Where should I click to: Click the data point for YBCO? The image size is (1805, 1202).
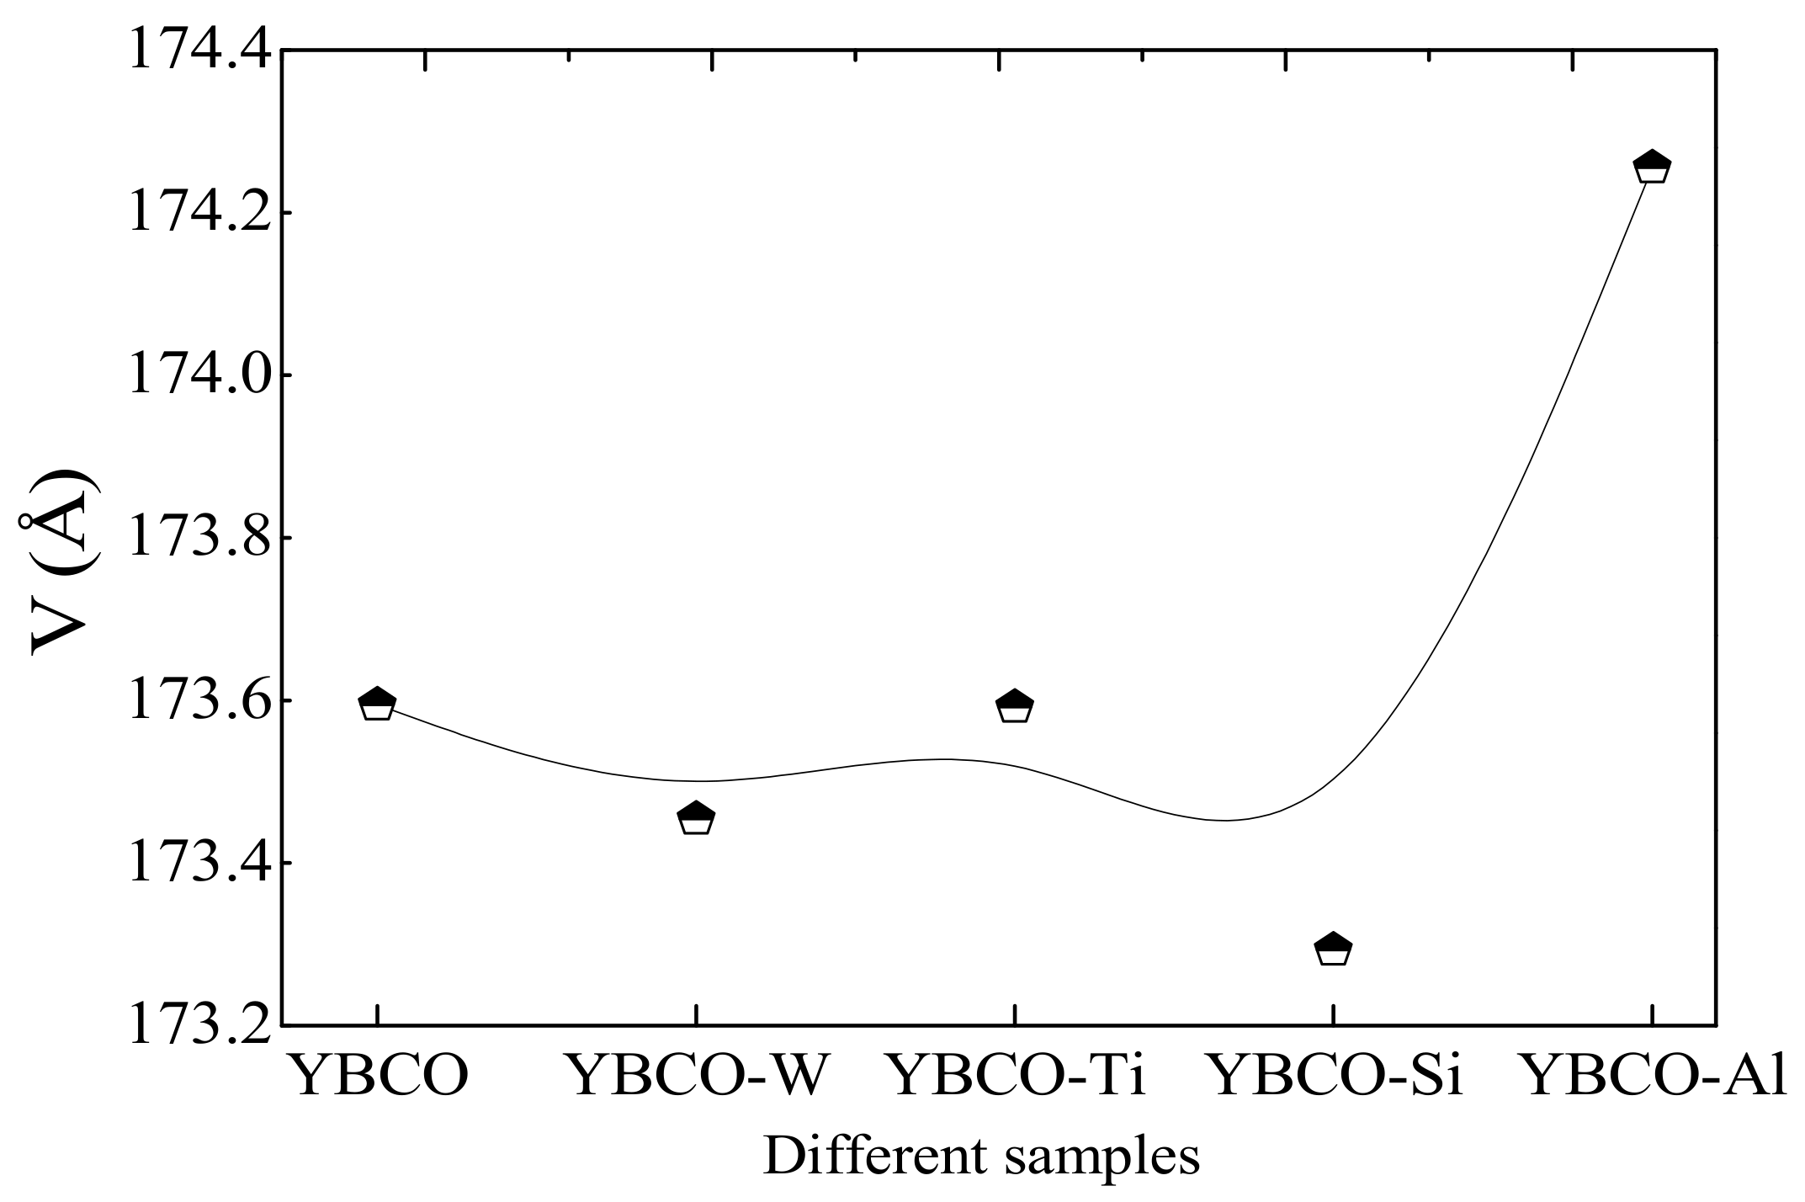coord(377,704)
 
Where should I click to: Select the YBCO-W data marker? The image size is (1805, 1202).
coord(696,818)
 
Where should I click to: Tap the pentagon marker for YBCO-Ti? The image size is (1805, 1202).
coord(1015,707)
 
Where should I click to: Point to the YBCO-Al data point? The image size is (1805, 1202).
coord(1651,167)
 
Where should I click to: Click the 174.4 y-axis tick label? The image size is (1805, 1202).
coord(199,51)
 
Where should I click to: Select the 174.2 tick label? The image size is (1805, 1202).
coord(199,213)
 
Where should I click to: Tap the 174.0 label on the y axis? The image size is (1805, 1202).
coord(199,375)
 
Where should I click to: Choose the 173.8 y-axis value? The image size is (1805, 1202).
coord(199,538)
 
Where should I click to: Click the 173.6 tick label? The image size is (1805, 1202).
coord(199,700)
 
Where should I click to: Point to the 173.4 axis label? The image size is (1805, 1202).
coord(199,863)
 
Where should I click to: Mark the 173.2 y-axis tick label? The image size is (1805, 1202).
coord(199,1025)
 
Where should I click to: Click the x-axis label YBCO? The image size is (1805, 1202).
coord(378,1077)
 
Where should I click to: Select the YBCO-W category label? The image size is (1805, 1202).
coord(696,1077)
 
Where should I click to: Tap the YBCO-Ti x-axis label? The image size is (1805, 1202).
coord(1016,1077)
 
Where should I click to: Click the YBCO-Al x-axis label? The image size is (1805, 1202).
coord(1654,1077)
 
